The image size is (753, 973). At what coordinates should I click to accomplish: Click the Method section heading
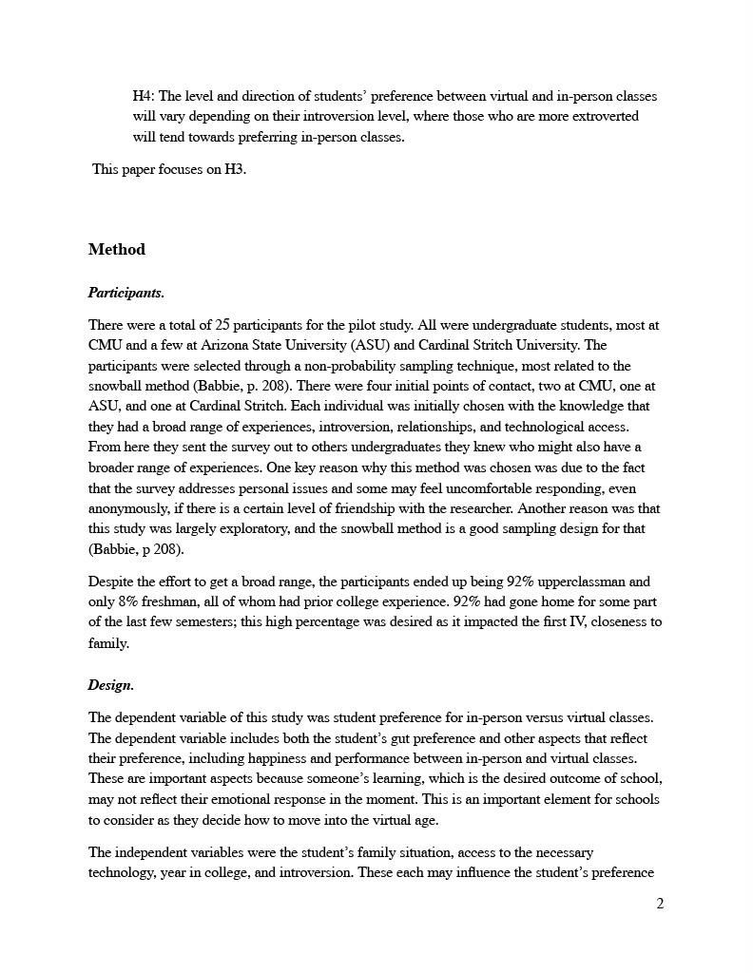click(x=117, y=250)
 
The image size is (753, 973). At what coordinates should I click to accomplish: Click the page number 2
click(x=660, y=904)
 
